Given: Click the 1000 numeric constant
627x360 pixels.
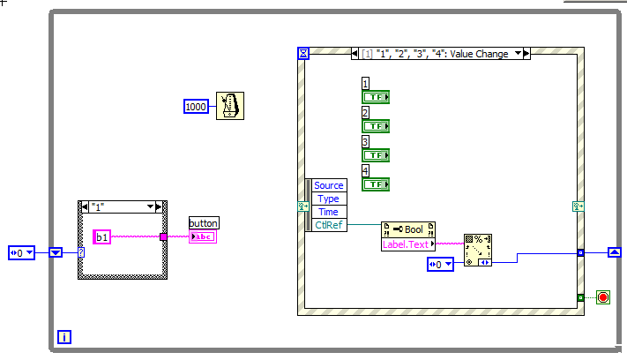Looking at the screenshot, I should coord(196,107).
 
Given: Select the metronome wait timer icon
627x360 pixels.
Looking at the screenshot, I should coord(230,106).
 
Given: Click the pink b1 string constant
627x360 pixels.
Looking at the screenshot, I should coord(101,236).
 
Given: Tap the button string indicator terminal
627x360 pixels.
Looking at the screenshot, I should coord(203,236).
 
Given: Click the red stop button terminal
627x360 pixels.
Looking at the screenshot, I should coord(604,297).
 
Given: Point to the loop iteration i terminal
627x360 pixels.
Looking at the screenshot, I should coord(64,337).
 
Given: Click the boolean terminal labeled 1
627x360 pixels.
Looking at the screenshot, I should coord(376,97).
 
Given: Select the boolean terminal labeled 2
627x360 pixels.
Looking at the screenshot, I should coord(376,126).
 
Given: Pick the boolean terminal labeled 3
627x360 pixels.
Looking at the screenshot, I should coord(376,155).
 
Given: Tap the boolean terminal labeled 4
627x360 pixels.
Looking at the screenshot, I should coord(376,184).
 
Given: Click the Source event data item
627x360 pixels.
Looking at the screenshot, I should coord(328,185).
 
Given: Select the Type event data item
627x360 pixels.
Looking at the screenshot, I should coord(328,199).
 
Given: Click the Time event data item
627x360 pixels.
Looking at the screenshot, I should coord(328,212).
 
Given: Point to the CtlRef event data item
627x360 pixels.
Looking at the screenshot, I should coord(328,225).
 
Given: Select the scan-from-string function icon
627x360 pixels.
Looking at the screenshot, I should coord(478,249).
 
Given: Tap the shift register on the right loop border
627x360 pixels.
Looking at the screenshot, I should coord(615,252).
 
